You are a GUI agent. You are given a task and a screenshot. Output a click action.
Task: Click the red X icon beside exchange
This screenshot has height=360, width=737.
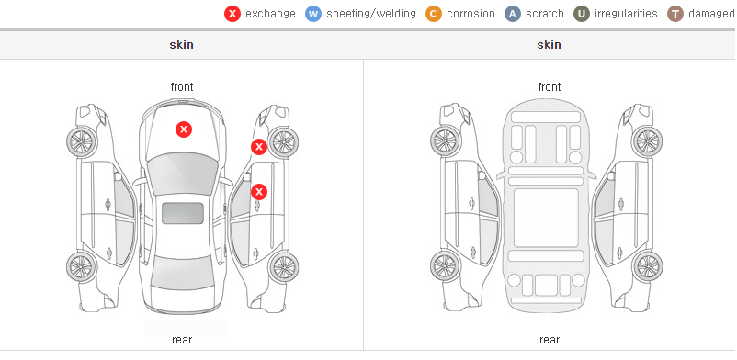(x=232, y=14)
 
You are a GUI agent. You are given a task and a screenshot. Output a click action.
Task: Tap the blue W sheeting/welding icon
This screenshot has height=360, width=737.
(x=313, y=14)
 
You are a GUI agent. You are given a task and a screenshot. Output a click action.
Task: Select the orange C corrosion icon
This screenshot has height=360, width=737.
(x=434, y=14)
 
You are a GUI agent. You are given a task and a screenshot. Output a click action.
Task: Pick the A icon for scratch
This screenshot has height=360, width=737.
(x=513, y=14)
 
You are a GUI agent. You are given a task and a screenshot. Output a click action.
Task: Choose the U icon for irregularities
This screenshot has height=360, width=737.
(x=582, y=14)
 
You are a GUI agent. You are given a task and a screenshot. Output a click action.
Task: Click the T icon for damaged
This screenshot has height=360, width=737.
(x=675, y=14)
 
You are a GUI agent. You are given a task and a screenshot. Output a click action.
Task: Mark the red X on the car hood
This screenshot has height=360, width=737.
(x=184, y=129)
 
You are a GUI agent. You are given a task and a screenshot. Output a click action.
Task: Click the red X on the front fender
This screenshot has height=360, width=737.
(x=259, y=147)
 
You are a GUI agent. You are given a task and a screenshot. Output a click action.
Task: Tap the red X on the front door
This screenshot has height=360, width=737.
(x=259, y=192)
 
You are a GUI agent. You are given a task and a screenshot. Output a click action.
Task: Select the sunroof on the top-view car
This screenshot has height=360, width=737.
(x=183, y=213)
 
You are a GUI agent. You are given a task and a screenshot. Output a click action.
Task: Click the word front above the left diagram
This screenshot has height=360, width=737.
(x=182, y=87)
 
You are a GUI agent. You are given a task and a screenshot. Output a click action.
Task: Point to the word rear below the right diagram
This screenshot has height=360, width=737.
(x=550, y=340)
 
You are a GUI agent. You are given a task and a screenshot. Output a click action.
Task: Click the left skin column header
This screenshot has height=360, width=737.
(x=181, y=45)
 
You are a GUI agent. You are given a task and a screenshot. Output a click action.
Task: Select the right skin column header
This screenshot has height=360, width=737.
(x=549, y=45)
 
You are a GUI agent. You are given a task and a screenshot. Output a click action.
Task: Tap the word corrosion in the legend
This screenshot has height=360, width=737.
(x=471, y=14)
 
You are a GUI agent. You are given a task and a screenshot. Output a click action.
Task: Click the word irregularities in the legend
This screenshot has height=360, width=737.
(x=626, y=14)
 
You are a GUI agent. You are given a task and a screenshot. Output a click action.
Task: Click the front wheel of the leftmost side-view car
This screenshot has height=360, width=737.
(x=82, y=141)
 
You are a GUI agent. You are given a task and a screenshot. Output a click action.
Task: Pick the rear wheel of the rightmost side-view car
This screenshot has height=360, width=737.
(x=648, y=266)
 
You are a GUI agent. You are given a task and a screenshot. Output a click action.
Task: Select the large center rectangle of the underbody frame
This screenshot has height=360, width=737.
(x=546, y=218)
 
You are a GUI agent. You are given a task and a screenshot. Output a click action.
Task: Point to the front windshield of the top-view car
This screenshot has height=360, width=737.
(x=183, y=173)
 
